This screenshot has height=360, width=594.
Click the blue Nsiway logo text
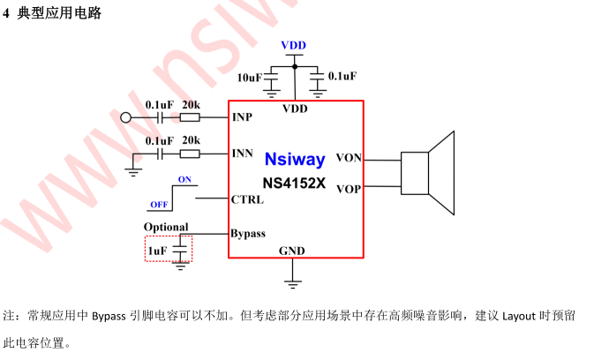(295, 160)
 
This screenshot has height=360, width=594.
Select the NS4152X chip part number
(294, 184)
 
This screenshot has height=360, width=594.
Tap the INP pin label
(242, 117)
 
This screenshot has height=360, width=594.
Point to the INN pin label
(243, 154)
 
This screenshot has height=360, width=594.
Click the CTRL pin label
(247, 199)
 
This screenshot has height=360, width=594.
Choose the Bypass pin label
(248, 234)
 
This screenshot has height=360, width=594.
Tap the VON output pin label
(349, 157)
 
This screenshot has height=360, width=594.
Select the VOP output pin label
(349, 189)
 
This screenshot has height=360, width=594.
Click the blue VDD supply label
(294, 45)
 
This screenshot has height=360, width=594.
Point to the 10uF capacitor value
(250, 78)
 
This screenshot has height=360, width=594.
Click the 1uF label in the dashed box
(157, 251)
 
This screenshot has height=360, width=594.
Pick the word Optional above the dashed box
(166, 227)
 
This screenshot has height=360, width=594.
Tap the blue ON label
(184, 179)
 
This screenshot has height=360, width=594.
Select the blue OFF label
(159, 205)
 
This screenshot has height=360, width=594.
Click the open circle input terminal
(125, 117)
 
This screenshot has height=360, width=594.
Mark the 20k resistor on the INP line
(190, 117)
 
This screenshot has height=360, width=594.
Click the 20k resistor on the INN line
(190, 154)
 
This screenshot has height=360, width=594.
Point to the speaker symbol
(428, 173)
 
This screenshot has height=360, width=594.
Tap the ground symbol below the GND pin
(292, 284)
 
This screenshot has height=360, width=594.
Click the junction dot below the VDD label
(295, 67)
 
